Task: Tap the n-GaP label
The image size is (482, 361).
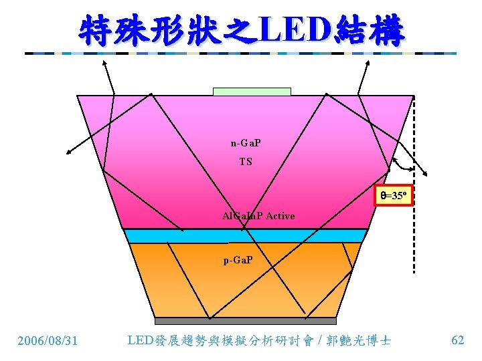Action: coord(246,143)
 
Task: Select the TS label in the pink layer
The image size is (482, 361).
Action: coord(246,162)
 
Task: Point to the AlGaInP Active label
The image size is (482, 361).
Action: coord(258,216)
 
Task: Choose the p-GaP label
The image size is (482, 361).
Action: coord(238,259)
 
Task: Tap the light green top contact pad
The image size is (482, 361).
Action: coord(252,91)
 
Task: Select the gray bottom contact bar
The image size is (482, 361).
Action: coord(245,321)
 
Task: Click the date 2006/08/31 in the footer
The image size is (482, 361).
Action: coord(48,341)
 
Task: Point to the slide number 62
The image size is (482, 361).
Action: coord(458,340)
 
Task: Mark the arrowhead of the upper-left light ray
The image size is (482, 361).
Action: coord(105,62)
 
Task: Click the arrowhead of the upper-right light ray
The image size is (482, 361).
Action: coord(368,62)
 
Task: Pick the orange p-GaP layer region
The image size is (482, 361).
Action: coord(201,281)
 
